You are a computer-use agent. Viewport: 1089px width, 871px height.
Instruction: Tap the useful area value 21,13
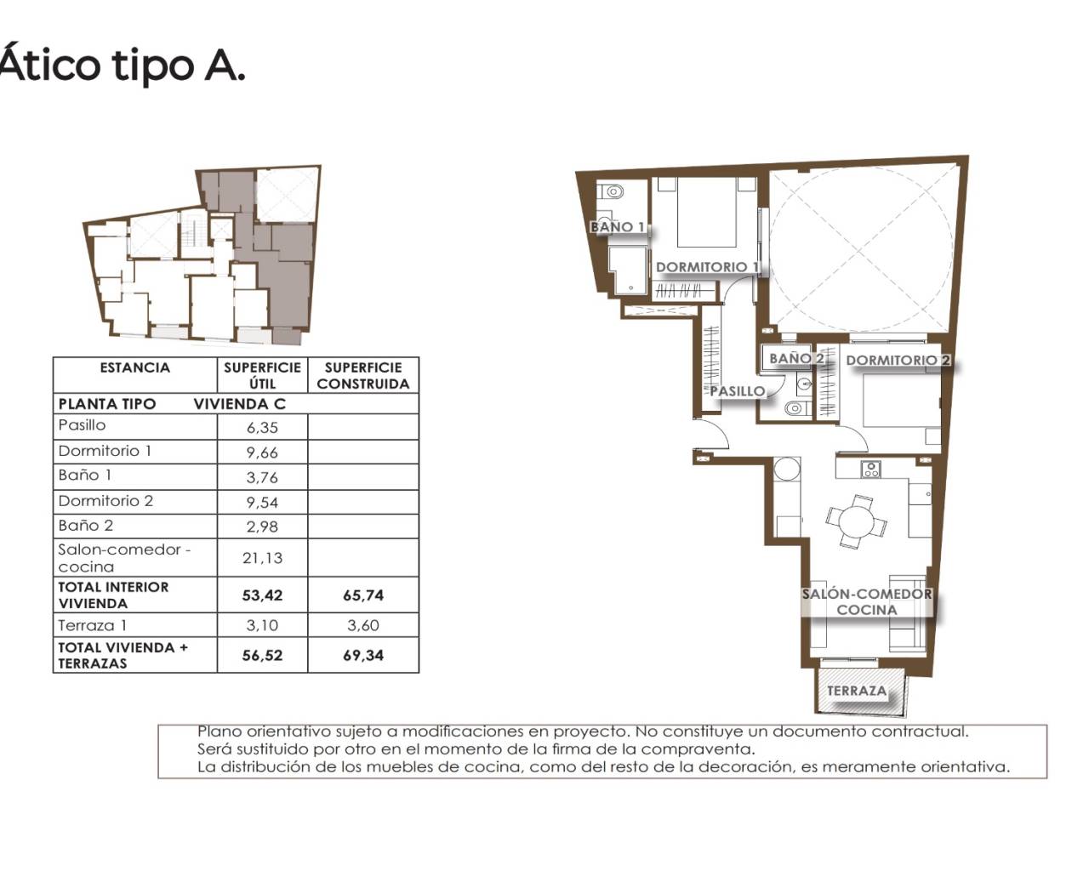pos(262,558)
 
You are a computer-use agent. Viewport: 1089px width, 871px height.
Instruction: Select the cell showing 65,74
pos(363,595)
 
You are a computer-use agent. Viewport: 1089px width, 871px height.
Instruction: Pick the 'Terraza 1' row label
pos(92,625)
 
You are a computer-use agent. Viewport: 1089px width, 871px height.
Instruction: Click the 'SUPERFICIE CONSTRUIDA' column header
pos(362,375)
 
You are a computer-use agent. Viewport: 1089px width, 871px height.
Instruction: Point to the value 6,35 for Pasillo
pos(262,428)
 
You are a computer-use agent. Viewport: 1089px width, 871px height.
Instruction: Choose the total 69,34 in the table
pos(363,656)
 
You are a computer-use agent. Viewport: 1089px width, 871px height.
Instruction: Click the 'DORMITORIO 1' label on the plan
pos(708,267)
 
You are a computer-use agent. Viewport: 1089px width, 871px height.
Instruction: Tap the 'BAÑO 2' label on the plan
pos(796,358)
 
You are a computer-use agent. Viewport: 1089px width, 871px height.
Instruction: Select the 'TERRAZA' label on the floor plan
pos(857,691)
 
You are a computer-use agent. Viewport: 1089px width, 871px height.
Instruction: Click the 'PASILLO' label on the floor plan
pos(738,391)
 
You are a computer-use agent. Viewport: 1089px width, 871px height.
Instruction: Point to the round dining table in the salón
pos(855,521)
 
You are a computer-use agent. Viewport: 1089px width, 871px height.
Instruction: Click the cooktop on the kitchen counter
pos(871,470)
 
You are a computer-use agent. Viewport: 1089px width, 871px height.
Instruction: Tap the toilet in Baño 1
pos(612,192)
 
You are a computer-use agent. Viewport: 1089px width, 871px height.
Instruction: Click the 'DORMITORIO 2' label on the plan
pos(898,361)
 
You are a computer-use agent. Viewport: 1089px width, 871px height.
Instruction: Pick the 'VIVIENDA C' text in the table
pos(240,404)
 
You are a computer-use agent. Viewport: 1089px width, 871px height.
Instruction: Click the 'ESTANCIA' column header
pos(135,367)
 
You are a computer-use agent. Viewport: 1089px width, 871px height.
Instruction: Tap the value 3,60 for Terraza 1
pos(363,625)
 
